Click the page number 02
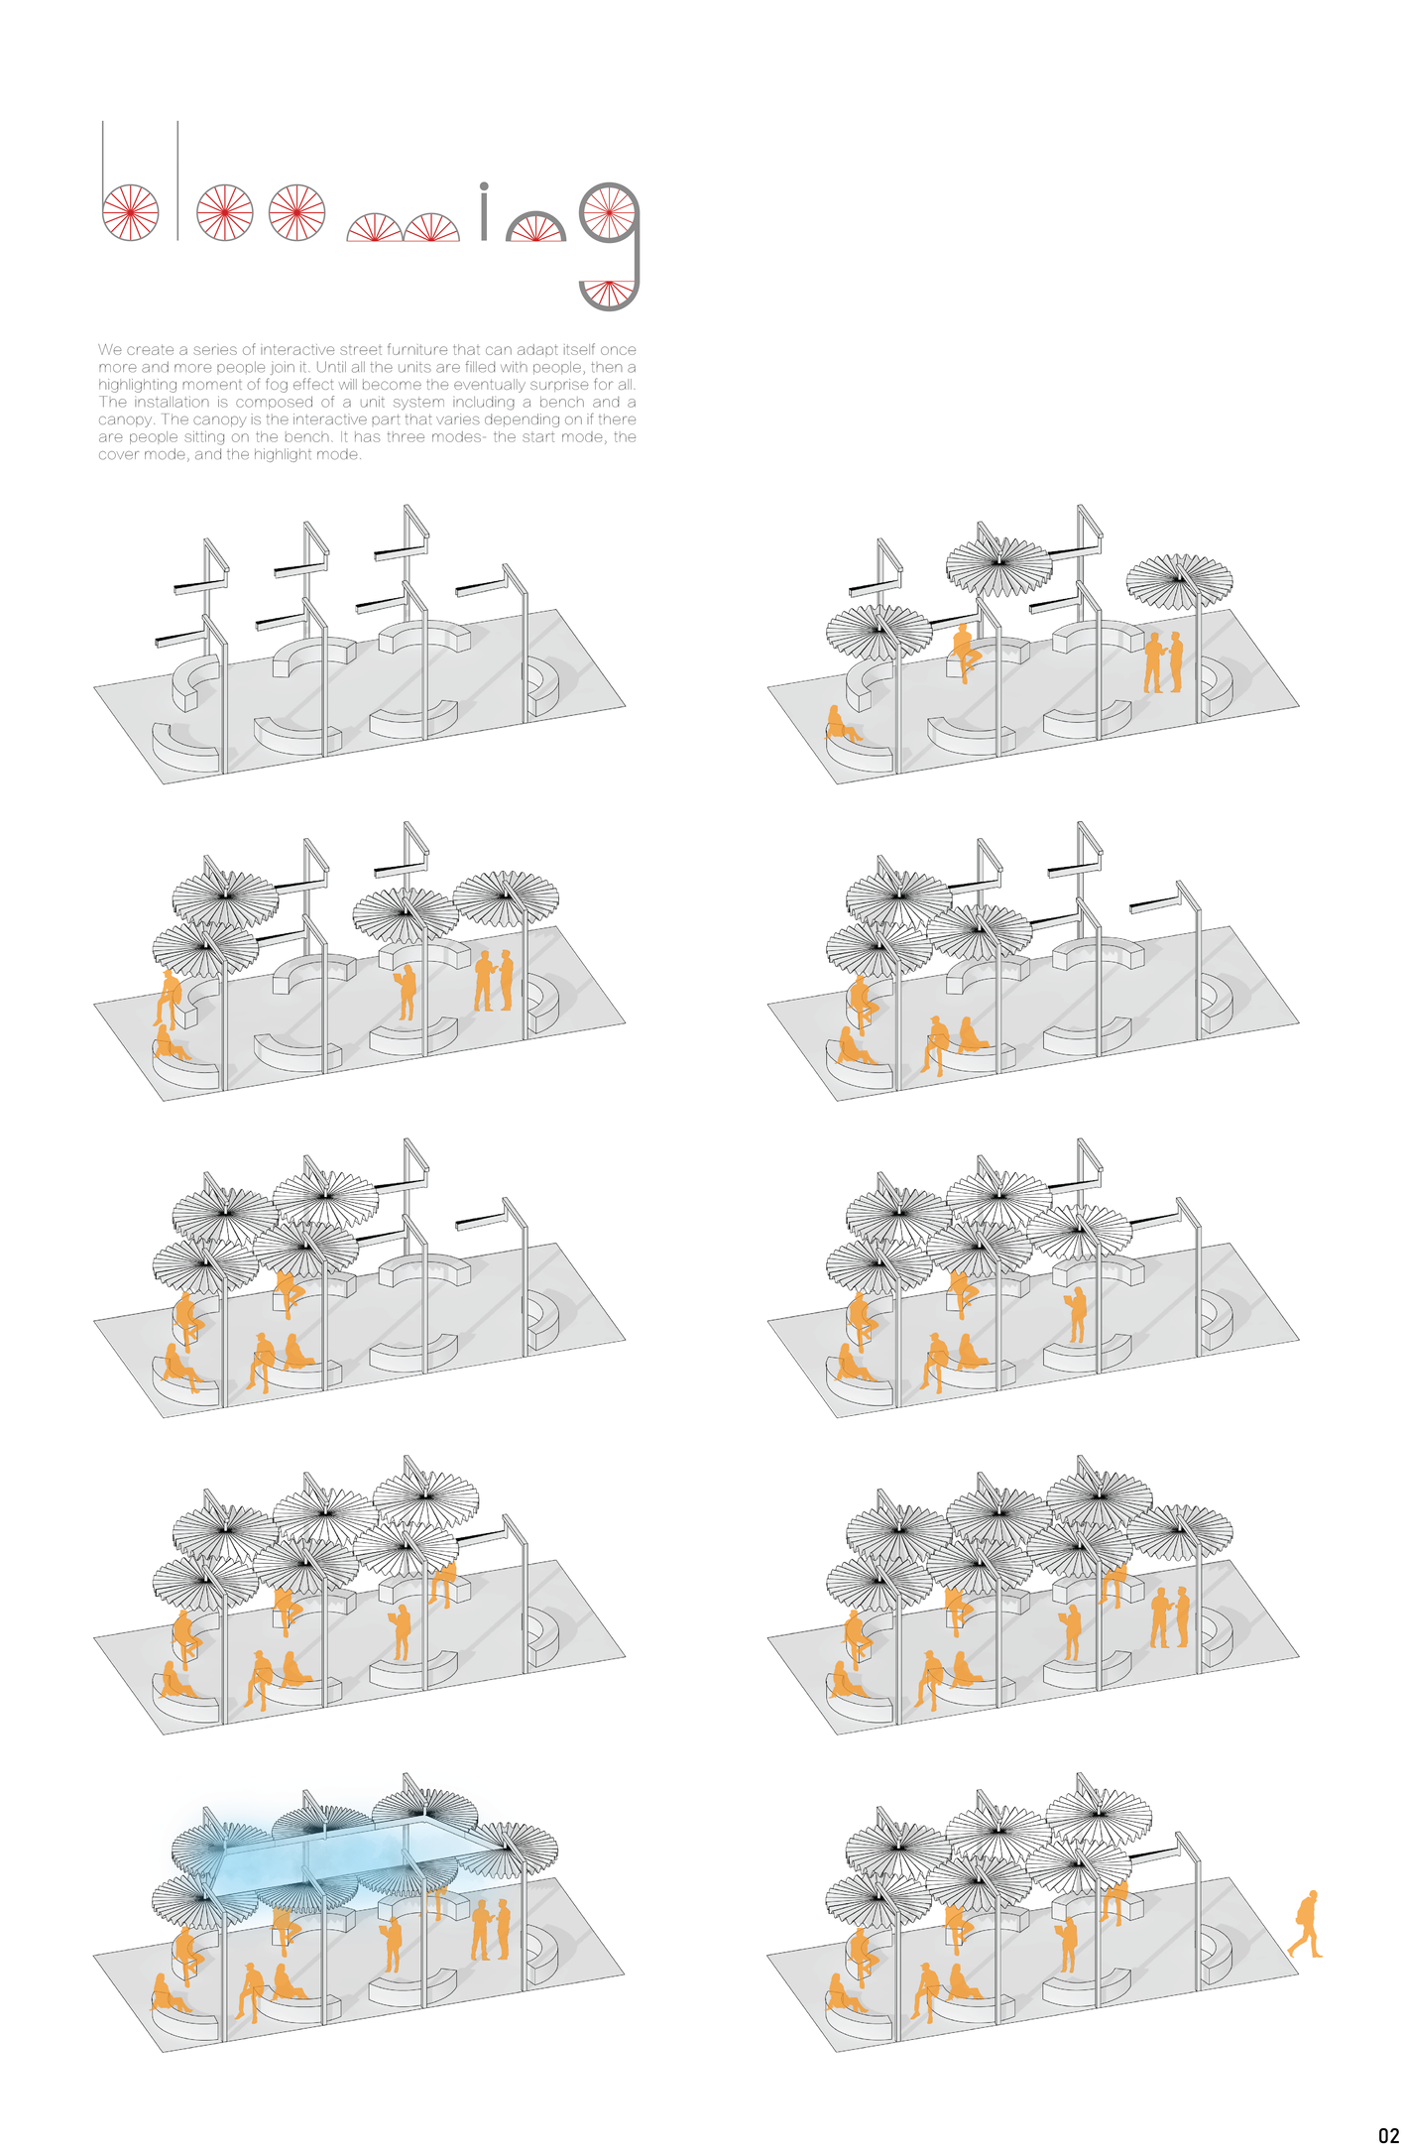[1388, 2135]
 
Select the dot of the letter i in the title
[484, 185]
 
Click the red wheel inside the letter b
[131, 212]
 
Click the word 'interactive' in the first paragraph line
[296, 350]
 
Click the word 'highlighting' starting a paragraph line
[135, 385]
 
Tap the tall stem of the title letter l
[177, 179]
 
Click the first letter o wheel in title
[224, 212]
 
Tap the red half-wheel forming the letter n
[535, 229]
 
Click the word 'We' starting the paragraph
[109, 350]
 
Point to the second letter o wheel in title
[297, 212]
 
